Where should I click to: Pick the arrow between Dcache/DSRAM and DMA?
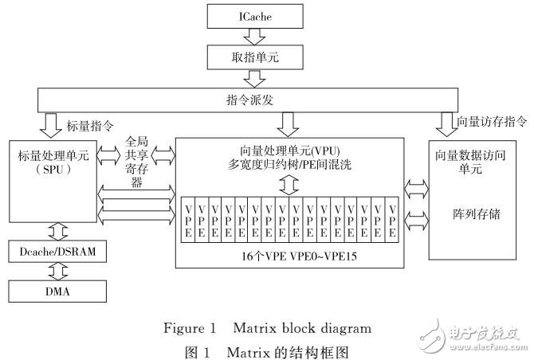[53, 272]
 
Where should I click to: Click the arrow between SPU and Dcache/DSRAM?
[53, 231]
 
